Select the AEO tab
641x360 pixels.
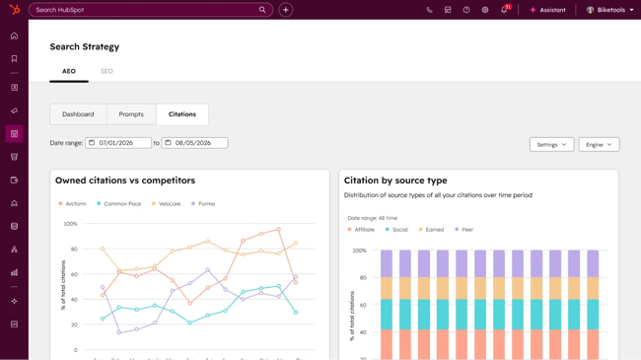point(69,71)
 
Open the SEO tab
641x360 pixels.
point(107,71)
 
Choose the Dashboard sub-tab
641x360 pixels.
point(78,114)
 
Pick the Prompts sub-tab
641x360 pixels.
point(131,114)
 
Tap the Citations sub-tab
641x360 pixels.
point(182,114)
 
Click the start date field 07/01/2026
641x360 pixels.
point(118,143)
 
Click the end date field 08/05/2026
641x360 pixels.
point(194,143)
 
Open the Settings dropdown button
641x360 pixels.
point(551,144)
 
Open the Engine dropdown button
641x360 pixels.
point(599,144)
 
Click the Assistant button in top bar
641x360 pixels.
point(547,10)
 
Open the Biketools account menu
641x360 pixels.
point(610,10)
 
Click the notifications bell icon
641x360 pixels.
point(504,10)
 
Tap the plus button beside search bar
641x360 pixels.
point(286,10)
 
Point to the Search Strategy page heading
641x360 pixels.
point(85,46)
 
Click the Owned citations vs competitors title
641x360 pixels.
point(125,180)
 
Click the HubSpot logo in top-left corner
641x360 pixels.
point(14,10)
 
